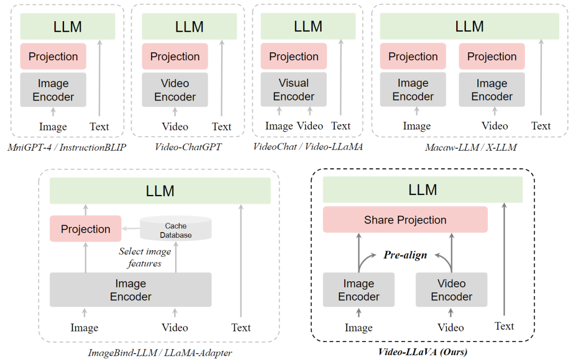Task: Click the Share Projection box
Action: [x=405, y=219]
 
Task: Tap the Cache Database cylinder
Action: [x=176, y=228]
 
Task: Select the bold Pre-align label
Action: [x=405, y=255]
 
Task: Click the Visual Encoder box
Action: [x=293, y=89]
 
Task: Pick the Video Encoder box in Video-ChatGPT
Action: [x=175, y=90]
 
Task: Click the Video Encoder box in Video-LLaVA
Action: [x=452, y=290]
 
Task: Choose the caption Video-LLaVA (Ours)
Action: [x=422, y=352]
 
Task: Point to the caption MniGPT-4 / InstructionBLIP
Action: [x=67, y=147]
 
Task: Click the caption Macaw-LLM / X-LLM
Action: [x=471, y=147]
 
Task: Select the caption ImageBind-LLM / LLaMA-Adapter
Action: [x=160, y=353]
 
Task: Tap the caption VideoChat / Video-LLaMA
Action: [x=308, y=146]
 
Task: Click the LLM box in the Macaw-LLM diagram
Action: [x=469, y=26]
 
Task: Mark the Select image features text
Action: [x=145, y=257]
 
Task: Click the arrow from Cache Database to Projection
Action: [x=131, y=228]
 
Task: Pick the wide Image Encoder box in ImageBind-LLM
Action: [x=131, y=290]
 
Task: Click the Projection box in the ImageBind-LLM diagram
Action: [x=86, y=228]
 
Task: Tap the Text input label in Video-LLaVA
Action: [x=504, y=326]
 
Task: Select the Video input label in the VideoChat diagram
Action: [x=310, y=126]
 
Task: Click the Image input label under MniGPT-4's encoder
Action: [x=53, y=126]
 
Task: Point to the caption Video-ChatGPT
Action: [x=188, y=146]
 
